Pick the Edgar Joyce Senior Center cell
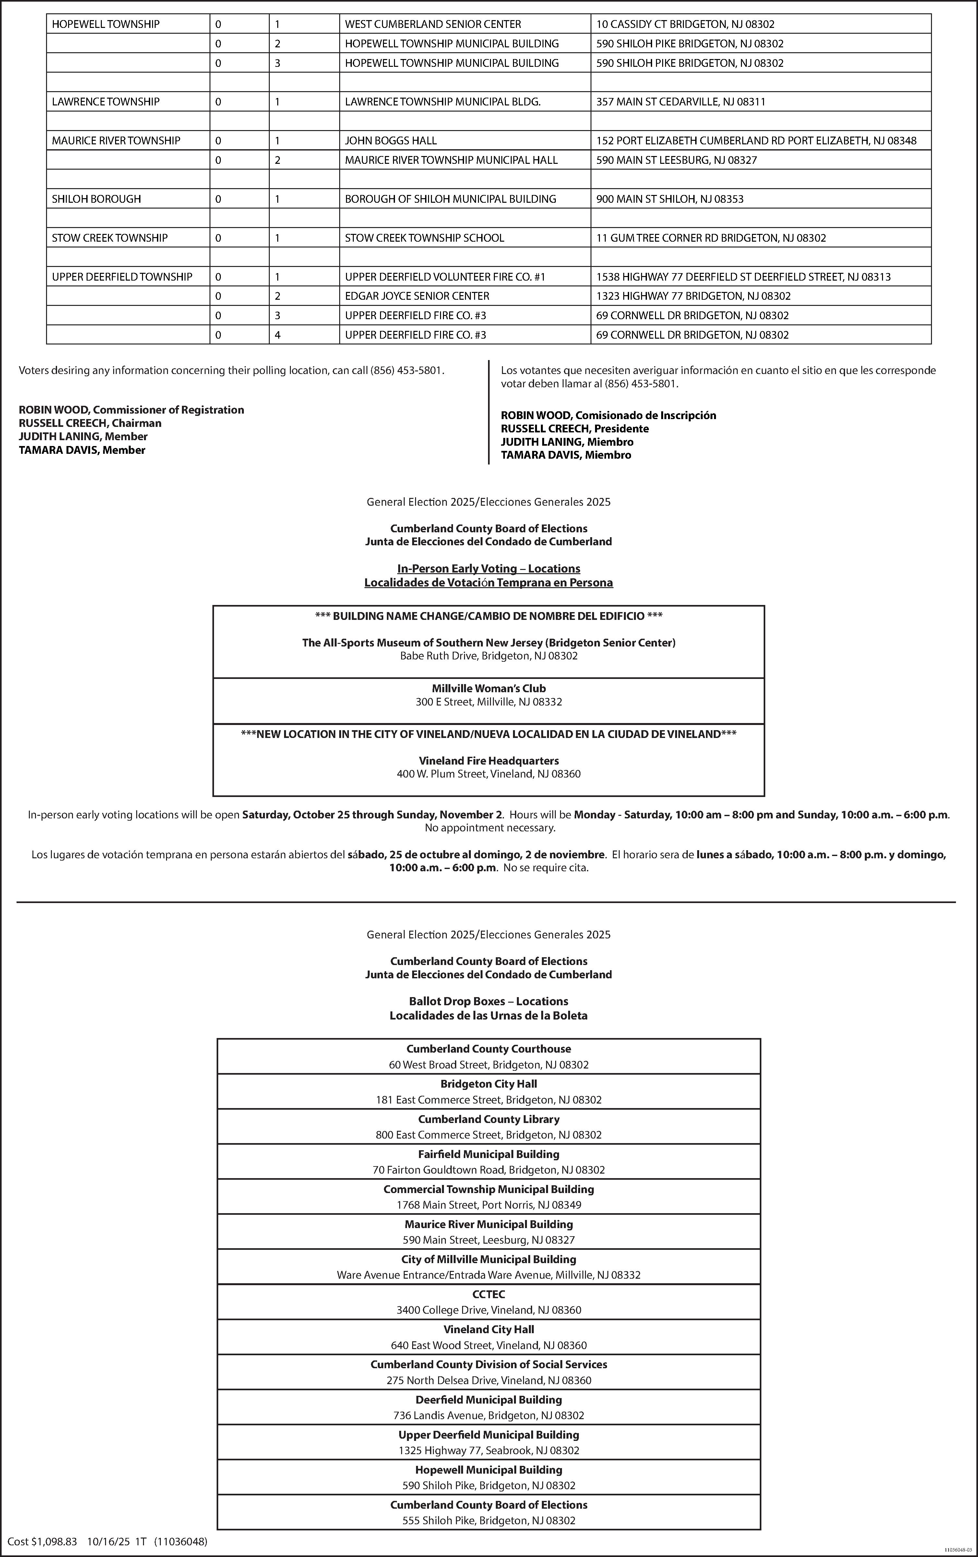click(417, 296)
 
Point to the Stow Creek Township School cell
click(424, 238)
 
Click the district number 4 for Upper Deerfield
click(277, 335)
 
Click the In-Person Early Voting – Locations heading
click(489, 568)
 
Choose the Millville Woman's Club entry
click(489, 689)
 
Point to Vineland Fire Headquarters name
click(489, 761)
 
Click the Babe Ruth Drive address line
click(489, 656)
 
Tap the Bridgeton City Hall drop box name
click(489, 1084)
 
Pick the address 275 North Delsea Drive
click(489, 1381)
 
